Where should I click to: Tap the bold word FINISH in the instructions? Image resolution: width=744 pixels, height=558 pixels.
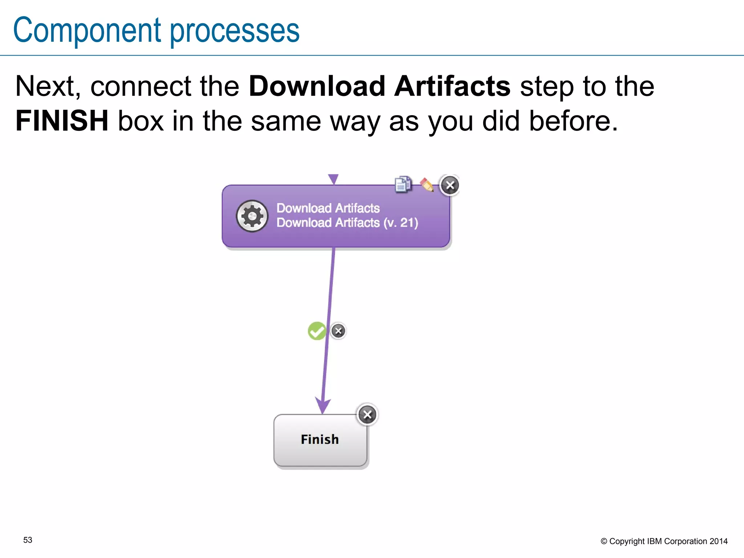[x=62, y=121]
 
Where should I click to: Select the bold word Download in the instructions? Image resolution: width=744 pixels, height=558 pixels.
[x=317, y=86]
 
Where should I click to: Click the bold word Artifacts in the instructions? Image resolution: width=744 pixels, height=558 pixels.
[x=452, y=86]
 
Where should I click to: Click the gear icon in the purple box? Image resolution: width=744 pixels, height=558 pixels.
[x=252, y=216]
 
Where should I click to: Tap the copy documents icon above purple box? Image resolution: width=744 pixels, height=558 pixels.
[x=403, y=184]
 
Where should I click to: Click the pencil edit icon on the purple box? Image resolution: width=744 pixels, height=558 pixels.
[x=427, y=185]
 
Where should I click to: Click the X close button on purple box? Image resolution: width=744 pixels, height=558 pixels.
[x=450, y=185]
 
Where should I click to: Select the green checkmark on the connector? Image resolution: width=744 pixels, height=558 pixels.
[x=317, y=331]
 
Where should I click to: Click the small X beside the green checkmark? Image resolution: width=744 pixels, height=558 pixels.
[x=338, y=331]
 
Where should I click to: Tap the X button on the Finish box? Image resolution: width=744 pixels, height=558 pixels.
[x=367, y=415]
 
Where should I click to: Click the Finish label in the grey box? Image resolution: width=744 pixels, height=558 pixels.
[x=320, y=440]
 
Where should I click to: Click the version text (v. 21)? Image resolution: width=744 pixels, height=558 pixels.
[x=401, y=223]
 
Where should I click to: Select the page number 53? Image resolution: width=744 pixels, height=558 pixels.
[x=28, y=540]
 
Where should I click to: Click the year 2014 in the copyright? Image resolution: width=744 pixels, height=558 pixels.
[x=718, y=541]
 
